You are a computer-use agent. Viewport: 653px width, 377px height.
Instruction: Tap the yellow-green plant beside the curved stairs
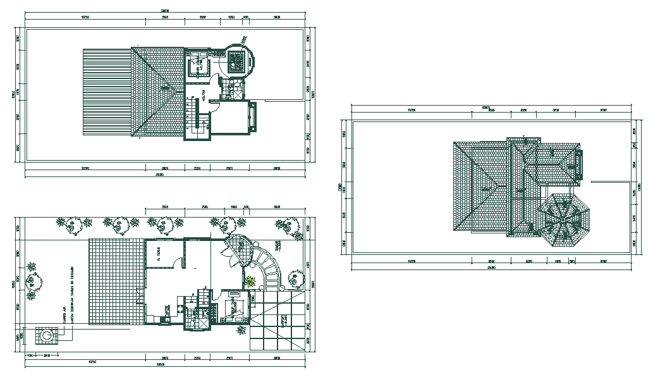(250, 281)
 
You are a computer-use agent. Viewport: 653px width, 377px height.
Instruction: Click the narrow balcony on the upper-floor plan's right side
(254, 117)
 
